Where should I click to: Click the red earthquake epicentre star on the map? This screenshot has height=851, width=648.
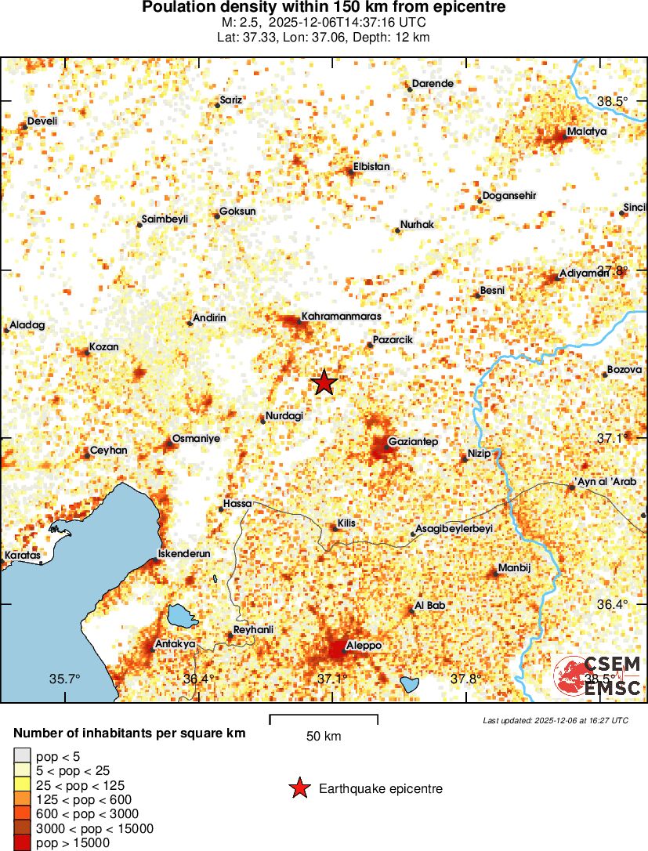pos(324,383)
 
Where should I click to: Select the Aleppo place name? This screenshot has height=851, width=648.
pos(364,645)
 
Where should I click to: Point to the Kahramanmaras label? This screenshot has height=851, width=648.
pos(341,317)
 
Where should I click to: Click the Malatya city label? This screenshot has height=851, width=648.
pos(587,132)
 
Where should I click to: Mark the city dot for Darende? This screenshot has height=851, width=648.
pos(409,89)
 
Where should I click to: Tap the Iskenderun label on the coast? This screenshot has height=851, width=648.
pos(185,553)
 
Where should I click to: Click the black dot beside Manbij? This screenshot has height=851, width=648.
pos(494,574)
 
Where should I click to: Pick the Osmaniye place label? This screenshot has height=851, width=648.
pos(196,439)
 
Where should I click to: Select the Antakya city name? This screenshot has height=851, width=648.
pos(176,644)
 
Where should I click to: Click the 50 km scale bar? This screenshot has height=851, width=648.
pos(324,719)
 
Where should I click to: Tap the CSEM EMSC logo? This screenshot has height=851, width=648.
pos(598,676)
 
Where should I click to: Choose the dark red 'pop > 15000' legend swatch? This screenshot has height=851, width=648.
pos(23,842)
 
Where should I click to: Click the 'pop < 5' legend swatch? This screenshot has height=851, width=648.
pos(23,756)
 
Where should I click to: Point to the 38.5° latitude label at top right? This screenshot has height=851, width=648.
pos(613,101)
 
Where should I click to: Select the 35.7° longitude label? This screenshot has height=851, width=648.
pos(65,679)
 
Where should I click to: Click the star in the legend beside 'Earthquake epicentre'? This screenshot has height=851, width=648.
pos(299,788)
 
